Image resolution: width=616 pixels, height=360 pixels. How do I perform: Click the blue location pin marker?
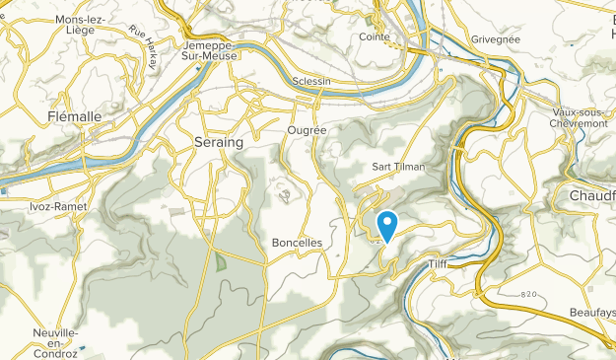click(x=387, y=225)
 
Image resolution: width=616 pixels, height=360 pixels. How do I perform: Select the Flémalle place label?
click(x=74, y=116)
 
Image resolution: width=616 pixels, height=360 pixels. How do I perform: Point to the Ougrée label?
click(x=305, y=129)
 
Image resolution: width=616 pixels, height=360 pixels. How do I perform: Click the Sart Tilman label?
click(x=399, y=167)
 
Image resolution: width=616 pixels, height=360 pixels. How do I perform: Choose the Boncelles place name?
click(x=296, y=242)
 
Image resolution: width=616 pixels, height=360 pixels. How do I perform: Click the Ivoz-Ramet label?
click(x=58, y=207)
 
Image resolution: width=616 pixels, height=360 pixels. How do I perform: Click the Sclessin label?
click(x=312, y=81)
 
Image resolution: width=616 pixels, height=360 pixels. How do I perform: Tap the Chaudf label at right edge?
click(x=592, y=195)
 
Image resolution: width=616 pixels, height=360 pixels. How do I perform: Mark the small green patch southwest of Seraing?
click(x=221, y=262)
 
